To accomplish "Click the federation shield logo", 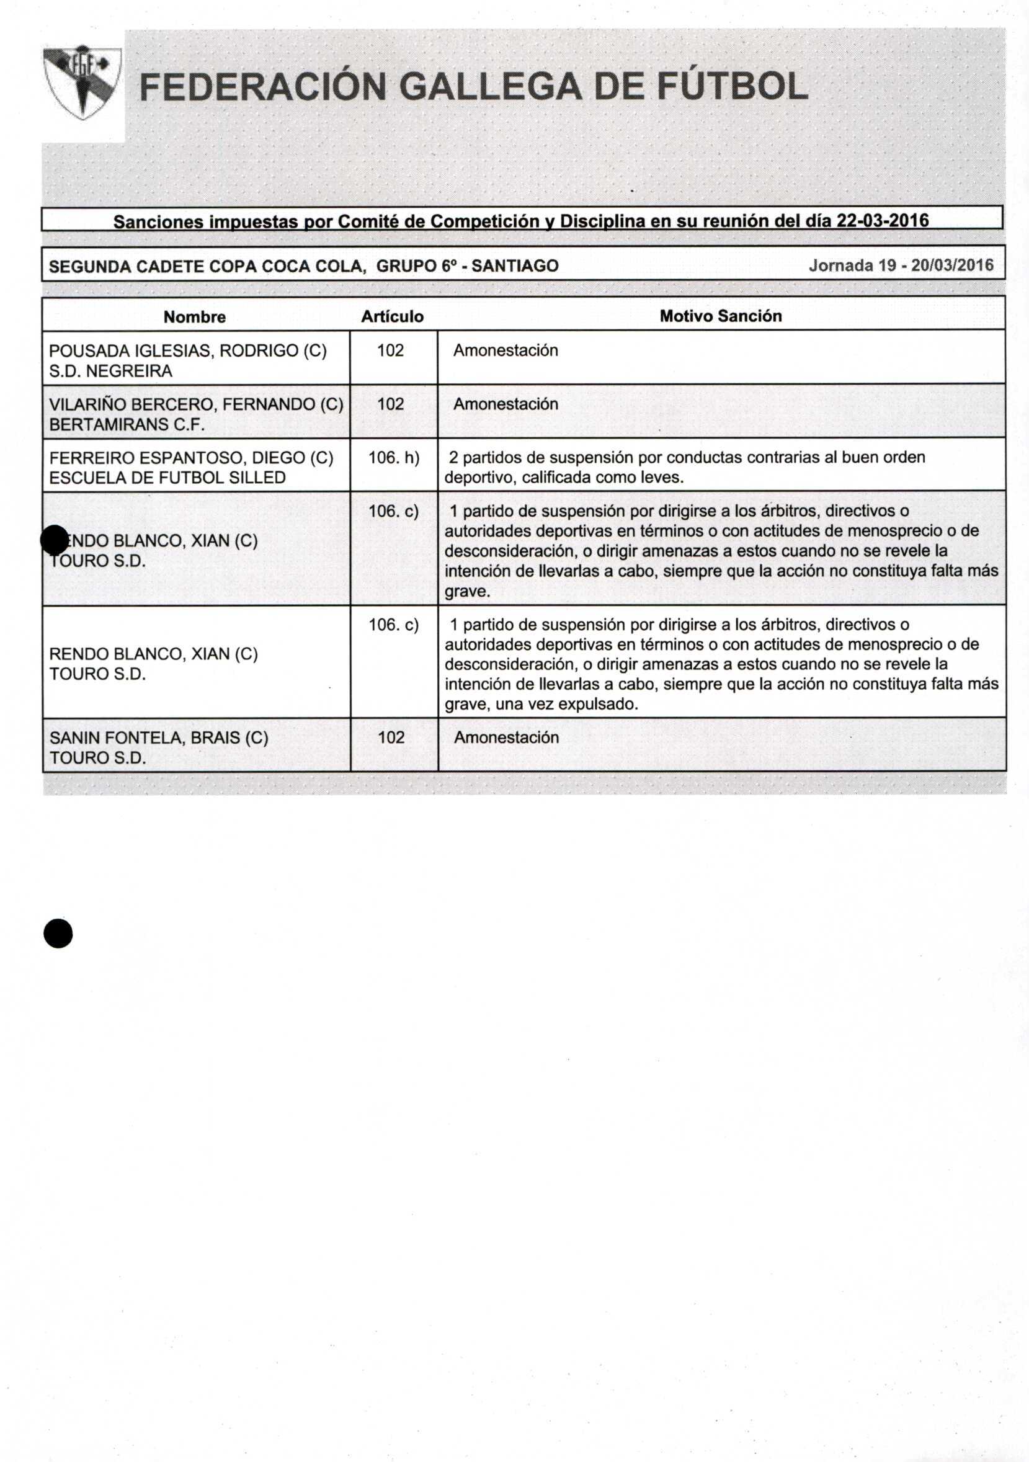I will click(81, 81).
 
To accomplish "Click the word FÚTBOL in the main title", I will click(733, 88).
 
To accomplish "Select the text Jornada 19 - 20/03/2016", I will click(901, 265).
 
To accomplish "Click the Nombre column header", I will click(194, 317).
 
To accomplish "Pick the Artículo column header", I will click(392, 317).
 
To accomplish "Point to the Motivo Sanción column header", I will click(720, 316).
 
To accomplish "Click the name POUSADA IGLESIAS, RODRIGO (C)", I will click(188, 351).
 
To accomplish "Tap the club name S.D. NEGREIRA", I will click(111, 371).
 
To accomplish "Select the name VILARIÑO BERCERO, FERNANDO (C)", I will click(196, 404).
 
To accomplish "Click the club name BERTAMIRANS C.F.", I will click(127, 425).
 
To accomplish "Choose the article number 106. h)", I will click(393, 458).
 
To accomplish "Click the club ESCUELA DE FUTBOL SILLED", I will click(167, 478).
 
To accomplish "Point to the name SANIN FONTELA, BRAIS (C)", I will click(159, 738).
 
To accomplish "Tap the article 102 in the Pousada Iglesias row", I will click(390, 351).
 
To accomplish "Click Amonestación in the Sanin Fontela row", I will click(506, 738).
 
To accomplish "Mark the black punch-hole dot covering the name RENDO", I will click(54, 540).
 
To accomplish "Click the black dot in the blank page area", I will click(58, 934).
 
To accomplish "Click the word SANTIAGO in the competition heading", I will click(515, 266).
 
